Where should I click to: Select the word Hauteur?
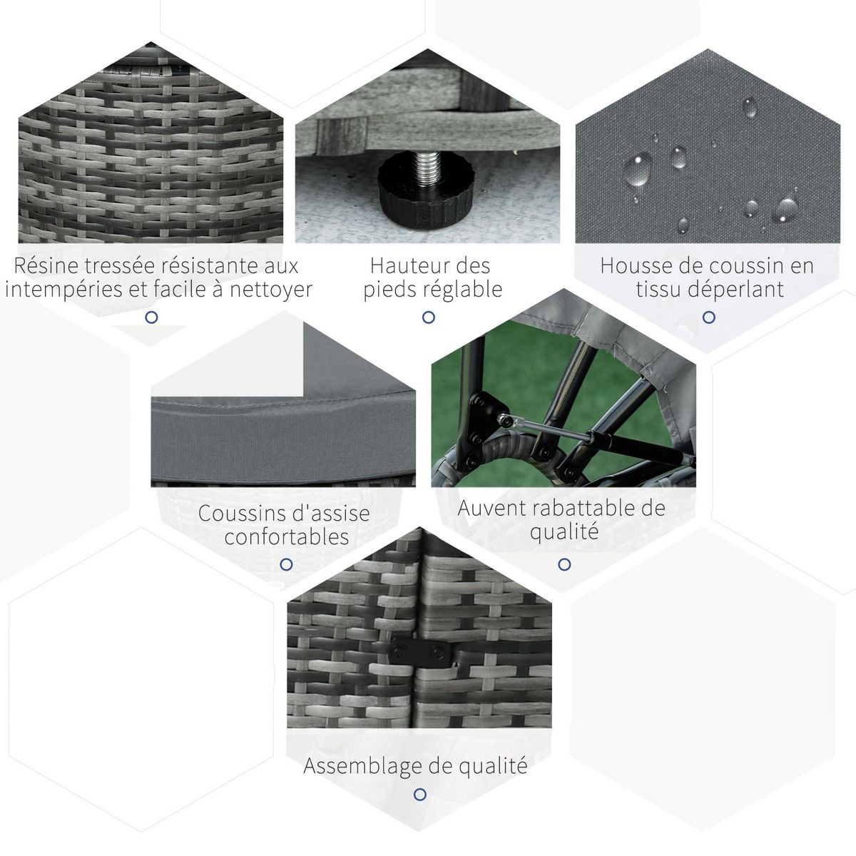click(x=404, y=266)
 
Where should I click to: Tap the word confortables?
click(x=287, y=536)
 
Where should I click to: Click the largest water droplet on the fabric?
click(x=638, y=169)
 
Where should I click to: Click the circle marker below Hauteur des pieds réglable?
click(x=428, y=317)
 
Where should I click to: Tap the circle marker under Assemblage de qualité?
click(x=419, y=794)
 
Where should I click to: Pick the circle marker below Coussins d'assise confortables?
click(x=287, y=564)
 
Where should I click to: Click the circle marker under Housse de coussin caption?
click(x=708, y=317)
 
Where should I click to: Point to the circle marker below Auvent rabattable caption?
click(x=564, y=564)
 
